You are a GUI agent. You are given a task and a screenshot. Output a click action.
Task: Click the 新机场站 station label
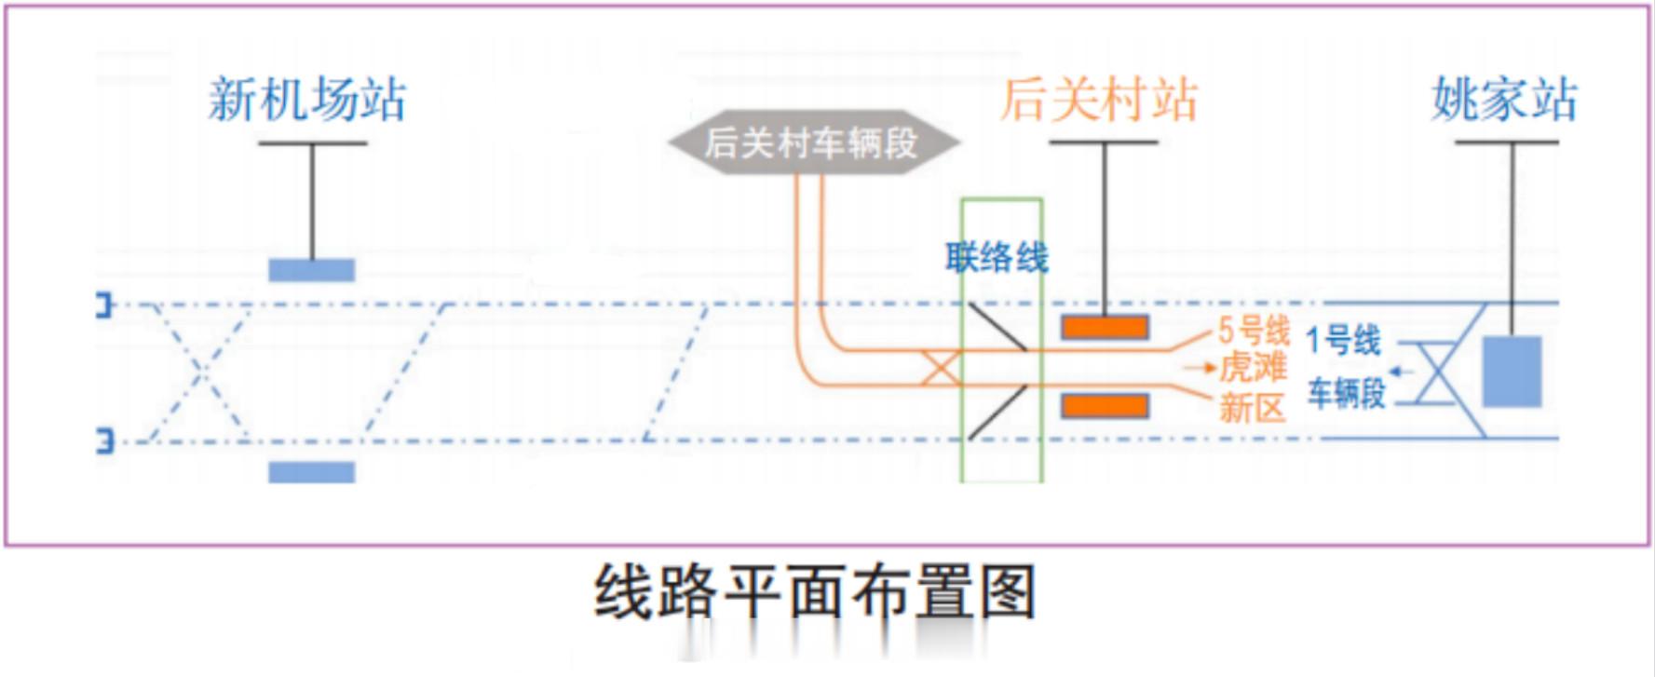pyautogui.click(x=307, y=100)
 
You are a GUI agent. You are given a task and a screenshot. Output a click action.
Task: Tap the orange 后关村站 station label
pyautogui.click(x=1099, y=100)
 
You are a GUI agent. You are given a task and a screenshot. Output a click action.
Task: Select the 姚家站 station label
pyautogui.click(x=1504, y=100)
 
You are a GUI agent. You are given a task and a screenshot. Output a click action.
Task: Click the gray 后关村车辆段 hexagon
pyautogui.click(x=813, y=142)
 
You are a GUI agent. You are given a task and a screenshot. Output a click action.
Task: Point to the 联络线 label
pyautogui.click(x=997, y=257)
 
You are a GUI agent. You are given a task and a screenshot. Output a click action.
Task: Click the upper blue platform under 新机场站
pyautogui.click(x=312, y=270)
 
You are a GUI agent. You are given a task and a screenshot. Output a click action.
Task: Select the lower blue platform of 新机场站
pyautogui.click(x=312, y=472)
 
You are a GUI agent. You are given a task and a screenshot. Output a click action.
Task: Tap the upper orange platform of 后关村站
pyautogui.click(x=1105, y=327)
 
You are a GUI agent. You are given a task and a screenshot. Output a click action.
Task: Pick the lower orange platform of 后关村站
pyautogui.click(x=1105, y=405)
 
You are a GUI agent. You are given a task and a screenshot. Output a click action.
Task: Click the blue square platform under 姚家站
pyautogui.click(x=1512, y=372)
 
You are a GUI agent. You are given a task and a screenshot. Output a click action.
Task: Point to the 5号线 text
pyautogui.click(x=1254, y=331)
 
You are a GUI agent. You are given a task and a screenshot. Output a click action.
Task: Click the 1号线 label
pyautogui.click(x=1343, y=340)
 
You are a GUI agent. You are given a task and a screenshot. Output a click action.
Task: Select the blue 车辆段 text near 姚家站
pyautogui.click(x=1347, y=393)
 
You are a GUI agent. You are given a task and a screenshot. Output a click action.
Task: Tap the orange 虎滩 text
pyautogui.click(x=1254, y=367)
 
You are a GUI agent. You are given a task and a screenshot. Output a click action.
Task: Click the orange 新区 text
pyautogui.click(x=1253, y=407)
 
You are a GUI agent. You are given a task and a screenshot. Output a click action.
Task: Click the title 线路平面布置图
pyautogui.click(x=815, y=591)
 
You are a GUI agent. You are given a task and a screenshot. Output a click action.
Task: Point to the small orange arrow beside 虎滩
pyautogui.click(x=1201, y=368)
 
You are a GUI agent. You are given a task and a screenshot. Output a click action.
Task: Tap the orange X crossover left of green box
pyautogui.click(x=941, y=368)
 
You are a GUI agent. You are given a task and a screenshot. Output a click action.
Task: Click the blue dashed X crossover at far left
pyautogui.click(x=199, y=372)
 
